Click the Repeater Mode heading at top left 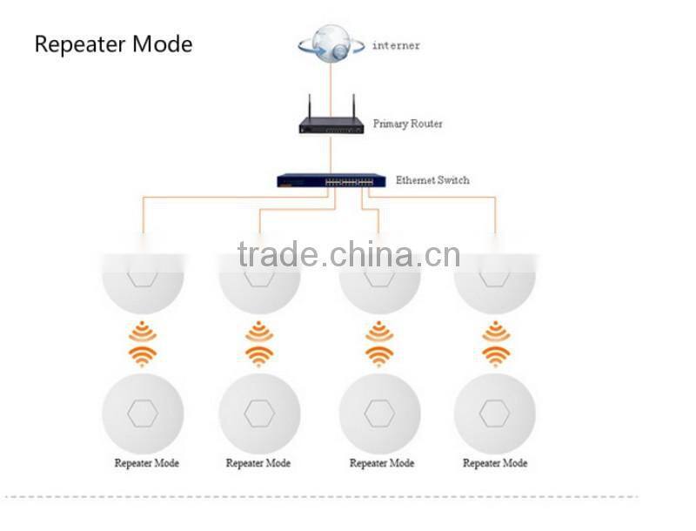tap(113, 44)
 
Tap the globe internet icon tap(330, 44)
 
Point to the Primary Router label tap(407, 124)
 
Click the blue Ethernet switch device tap(331, 181)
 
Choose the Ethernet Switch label tap(432, 180)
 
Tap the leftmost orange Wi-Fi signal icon tap(143, 343)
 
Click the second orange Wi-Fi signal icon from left tap(258, 343)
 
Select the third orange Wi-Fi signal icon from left tap(378, 343)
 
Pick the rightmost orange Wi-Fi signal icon tap(494, 343)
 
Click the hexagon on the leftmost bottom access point tap(143, 413)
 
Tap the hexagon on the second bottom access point tap(258, 413)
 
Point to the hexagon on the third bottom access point tap(379, 413)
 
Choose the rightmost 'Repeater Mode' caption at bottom tap(494, 463)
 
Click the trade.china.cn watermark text tap(348, 255)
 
